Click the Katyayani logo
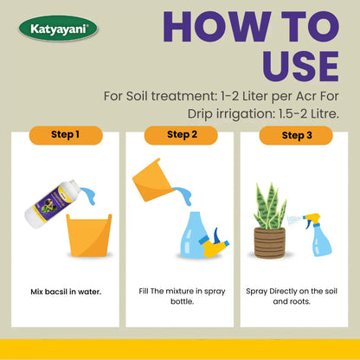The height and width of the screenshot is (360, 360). tap(58, 29)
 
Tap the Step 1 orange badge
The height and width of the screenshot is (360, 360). tap(66, 135)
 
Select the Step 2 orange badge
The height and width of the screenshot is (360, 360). tap(181, 135)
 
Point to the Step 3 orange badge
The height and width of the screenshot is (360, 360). tap(296, 135)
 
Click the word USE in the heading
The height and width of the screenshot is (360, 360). tap(300, 66)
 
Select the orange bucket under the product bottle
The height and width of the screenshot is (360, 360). tap(89, 235)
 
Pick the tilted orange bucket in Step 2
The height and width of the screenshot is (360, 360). tap(153, 180)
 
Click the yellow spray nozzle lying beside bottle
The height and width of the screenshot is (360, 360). tap(215, 244)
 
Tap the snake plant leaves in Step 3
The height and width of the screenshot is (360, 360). tap(270, 206)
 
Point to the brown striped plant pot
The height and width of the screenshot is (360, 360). tap(270, 242)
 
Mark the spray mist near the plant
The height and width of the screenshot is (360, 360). tap(294, 221)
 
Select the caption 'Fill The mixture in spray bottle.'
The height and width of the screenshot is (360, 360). tap(182, 296)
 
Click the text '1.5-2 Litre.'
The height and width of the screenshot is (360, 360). tap(309, 114)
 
